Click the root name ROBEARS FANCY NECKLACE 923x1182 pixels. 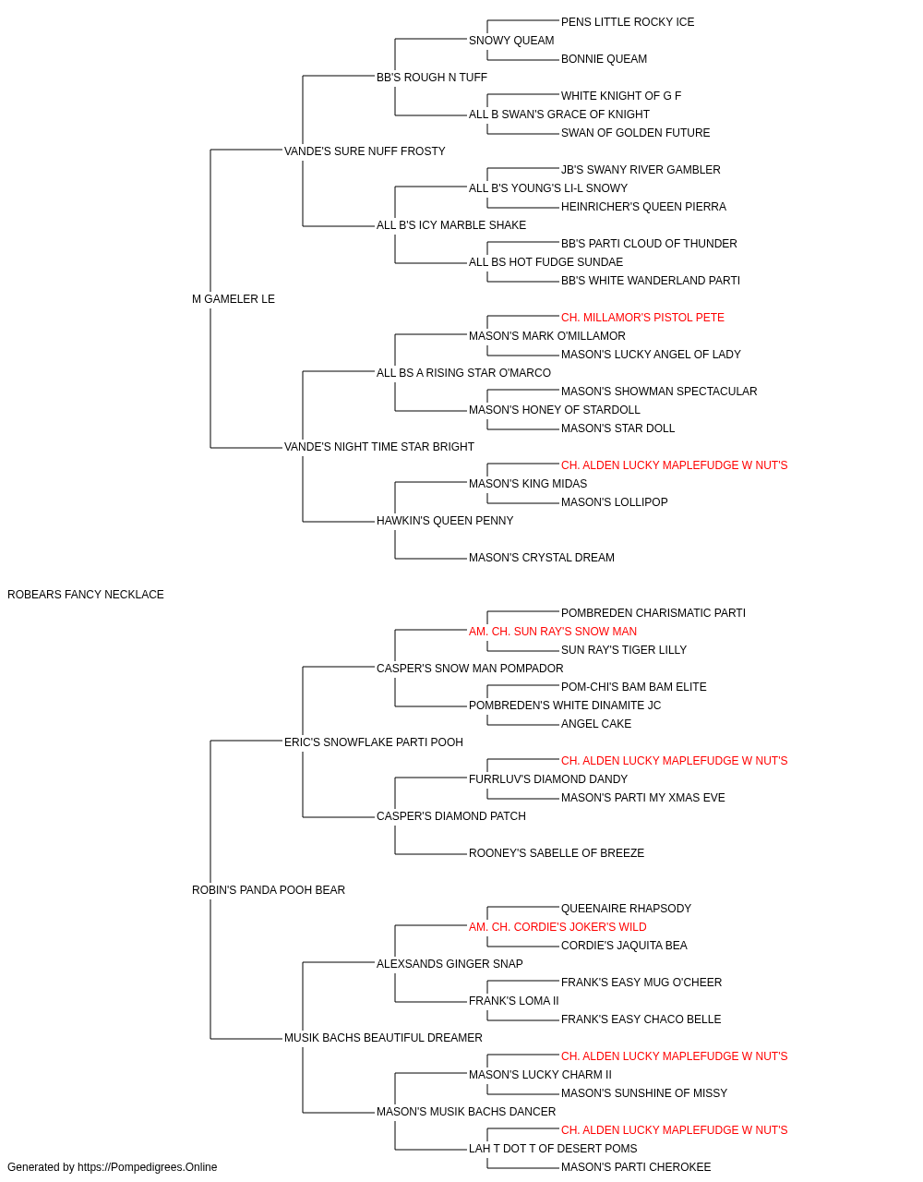(85, 594)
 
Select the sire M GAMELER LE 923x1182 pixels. (234, 298)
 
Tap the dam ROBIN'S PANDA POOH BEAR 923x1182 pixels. (269, 890)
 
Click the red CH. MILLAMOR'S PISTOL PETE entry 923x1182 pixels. (642, 317)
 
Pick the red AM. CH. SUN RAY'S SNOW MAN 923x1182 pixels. (553, 631)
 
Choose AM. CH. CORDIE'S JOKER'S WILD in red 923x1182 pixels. (557, 927)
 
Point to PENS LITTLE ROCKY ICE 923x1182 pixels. (628, 22)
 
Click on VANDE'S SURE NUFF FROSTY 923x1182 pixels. (365, 151)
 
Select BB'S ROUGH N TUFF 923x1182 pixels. (432, 78)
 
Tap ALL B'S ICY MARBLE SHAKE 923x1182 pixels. (451, 225)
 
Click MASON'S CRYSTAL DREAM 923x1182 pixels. (542, 558)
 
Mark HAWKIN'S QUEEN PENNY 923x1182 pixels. (445, 521)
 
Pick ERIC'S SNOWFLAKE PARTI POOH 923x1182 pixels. (374, 742)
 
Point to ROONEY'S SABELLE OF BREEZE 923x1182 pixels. (556, 853)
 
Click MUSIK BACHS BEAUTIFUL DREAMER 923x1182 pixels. (383, 1038)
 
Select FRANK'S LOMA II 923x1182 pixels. (514, 1001)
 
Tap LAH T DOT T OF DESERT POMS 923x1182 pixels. (553, 1148)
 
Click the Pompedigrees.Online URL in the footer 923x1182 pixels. (147, 1167)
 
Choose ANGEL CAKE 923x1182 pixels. (595, 723)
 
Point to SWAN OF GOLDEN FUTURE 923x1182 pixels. (635, 133)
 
